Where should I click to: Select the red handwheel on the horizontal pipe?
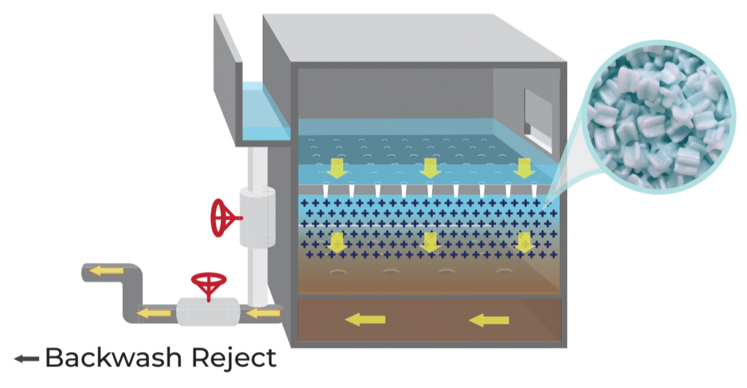[x=207, y=284]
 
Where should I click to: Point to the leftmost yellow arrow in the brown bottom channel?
[x=365, y=319]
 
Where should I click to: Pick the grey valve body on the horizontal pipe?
[x=208, y=312]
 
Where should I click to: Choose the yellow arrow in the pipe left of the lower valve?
[x=154, y=314]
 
